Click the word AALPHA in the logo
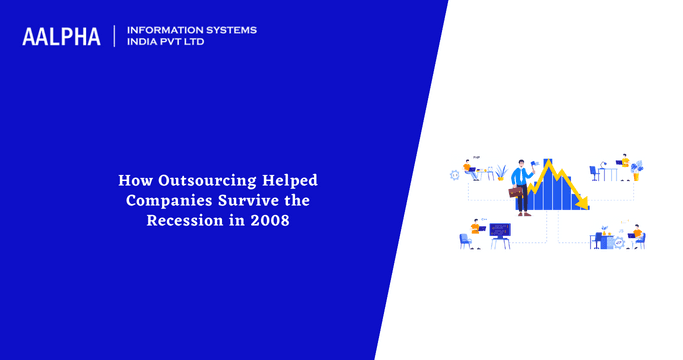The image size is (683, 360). (x=61, y=36)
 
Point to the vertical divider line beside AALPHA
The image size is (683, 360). (x=115, y=36)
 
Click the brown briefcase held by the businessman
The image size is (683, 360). (x=517, y=192)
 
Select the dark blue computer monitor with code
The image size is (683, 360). (x=499, y=230)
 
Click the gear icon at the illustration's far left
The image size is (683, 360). (x=455, y=175)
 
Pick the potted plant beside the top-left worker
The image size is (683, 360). (x=501, y=172)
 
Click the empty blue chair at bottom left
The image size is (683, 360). (x=465, y=241)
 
